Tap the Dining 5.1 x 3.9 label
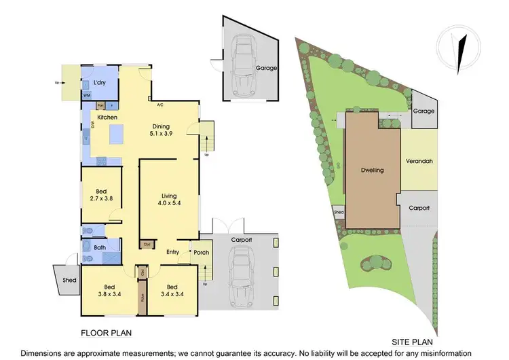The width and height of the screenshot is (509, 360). click(x=161, y=129)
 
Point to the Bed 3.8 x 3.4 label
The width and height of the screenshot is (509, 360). click(x=109, y=290)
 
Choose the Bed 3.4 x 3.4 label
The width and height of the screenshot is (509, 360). click(x=172, y=290)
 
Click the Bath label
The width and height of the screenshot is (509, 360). click(x=100, y=248)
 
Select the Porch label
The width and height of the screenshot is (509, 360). click(x=202, y=253)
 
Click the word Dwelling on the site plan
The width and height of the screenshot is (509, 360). click(x=373, y=170)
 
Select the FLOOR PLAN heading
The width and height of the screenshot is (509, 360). click(x=106, y=333)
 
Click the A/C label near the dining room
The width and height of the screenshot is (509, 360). click(x=160, y=105)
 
